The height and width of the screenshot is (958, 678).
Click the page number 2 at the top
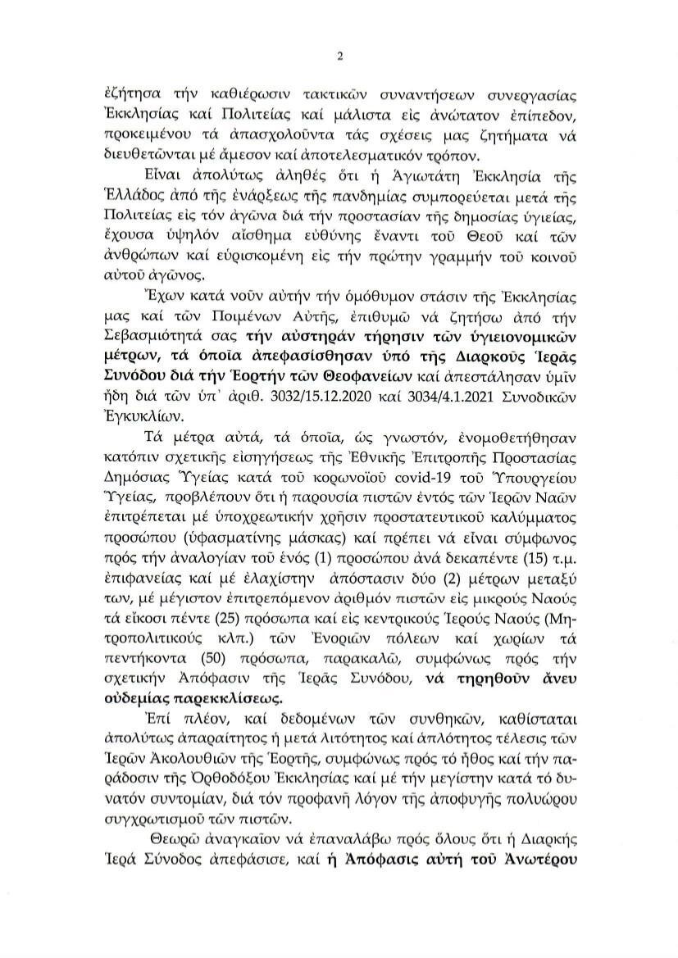pyautogui.click(x=339, y=56)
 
